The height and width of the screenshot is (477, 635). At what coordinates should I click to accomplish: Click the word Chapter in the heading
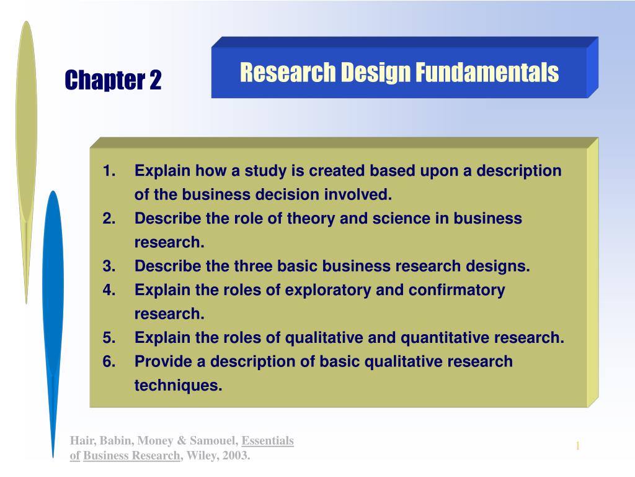pos(105,80)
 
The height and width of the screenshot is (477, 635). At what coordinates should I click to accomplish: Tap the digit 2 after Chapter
pos(156,80)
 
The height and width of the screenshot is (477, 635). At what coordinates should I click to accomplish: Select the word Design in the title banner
pos(375,73)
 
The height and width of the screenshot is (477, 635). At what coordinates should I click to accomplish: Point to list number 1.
pos(109,171)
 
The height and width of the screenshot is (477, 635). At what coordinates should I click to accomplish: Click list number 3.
pos(109,266)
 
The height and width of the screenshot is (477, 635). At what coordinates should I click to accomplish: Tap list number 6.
pos(109,361)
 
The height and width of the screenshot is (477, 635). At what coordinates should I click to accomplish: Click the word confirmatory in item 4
pos(457,291)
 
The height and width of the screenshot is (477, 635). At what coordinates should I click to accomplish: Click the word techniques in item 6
pos(178,386)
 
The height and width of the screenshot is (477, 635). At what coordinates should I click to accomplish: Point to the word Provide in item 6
pos(163,361)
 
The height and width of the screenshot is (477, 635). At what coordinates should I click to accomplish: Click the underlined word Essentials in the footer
pos(268,441)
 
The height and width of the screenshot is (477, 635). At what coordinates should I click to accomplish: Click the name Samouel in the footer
pos(214,441)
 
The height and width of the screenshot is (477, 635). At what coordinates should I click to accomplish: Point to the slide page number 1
pos(578,446)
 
